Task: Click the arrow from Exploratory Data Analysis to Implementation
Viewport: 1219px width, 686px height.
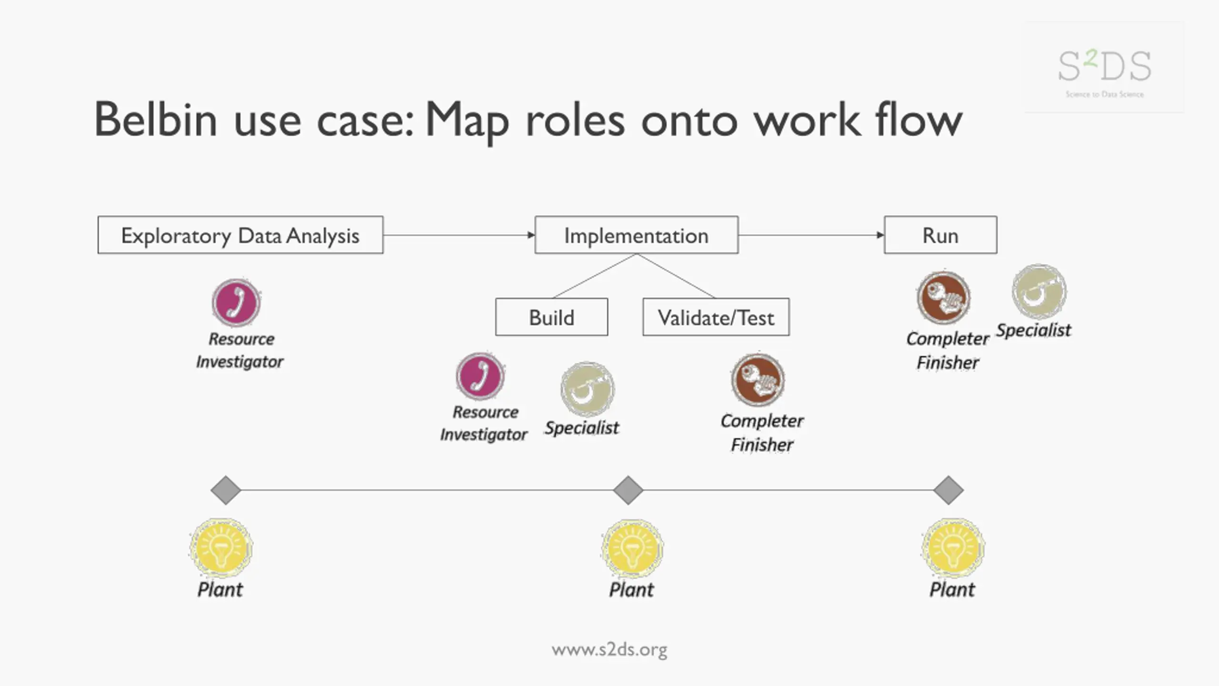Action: (x=459, y=235)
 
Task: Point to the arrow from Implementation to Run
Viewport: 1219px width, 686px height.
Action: (x=811, y=235)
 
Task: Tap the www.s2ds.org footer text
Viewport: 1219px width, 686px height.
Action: (x=609, y=650)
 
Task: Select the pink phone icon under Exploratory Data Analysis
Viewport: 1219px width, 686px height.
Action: (x=236, y=303)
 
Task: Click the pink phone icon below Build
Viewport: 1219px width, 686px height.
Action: (x=480, y=376)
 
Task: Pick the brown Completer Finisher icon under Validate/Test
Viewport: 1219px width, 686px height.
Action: (x=758, y=380)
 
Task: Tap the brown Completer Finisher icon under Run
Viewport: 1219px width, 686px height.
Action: (x=944, y=298)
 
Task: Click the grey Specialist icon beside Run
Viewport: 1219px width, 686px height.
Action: (x=1039, y=292)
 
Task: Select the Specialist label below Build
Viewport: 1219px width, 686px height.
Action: (x=582, y=428)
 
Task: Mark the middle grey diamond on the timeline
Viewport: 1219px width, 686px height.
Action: (x=628, y=490)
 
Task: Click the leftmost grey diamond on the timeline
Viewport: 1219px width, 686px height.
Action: (x=226, y=490)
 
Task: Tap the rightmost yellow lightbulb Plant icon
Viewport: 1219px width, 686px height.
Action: (x=953, y=548)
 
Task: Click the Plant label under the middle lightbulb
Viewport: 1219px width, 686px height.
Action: (x=631, y=590)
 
